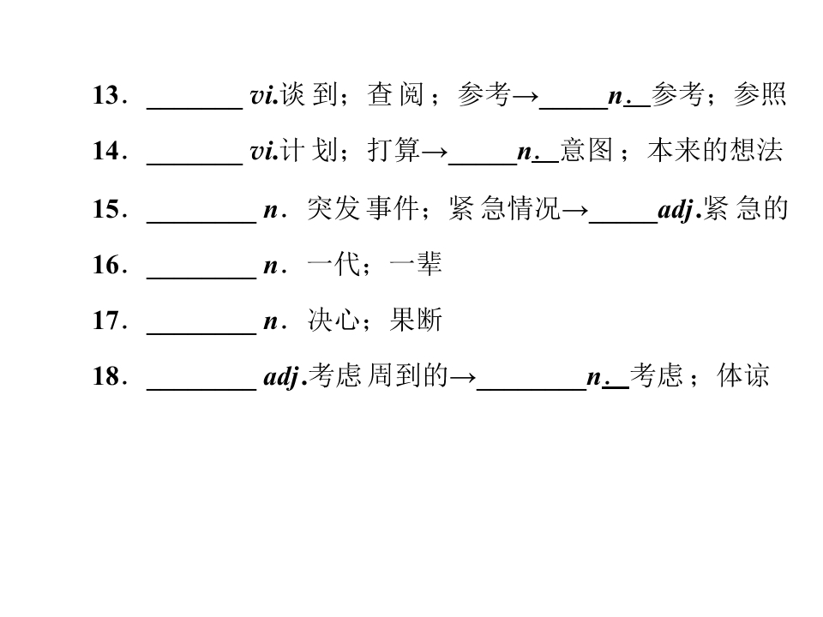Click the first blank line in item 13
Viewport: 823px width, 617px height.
pyautogui.click(x=195, y=109)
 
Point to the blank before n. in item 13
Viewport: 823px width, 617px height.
pyautogui.click(x=574, y=109)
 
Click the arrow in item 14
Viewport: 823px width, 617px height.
pyautogui.click(x=434, y=153)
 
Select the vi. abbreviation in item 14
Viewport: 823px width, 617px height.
pyautogui.click(x=264, y=152)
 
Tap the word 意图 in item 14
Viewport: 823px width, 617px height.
pyautogui.click(x=586, y=151)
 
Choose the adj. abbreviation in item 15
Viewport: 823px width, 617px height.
pyautogui.click(x=680, y=210)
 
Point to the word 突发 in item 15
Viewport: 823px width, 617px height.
pyautogui.click(x=333, y=208)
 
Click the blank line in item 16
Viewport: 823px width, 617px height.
pyautogui.click(x=201, y=278)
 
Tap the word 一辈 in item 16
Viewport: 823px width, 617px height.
pyautogui.click(x=417, y=265)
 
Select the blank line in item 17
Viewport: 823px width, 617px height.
pyautogui.click(x=201, y=333)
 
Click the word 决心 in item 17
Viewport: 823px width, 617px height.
pyautogui.click(x=333, y=320)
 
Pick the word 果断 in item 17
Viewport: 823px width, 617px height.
pyautogui.click(x=417, y=320)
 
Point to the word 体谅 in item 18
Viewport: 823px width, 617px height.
pyautogui.click(x=743, y=375)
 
